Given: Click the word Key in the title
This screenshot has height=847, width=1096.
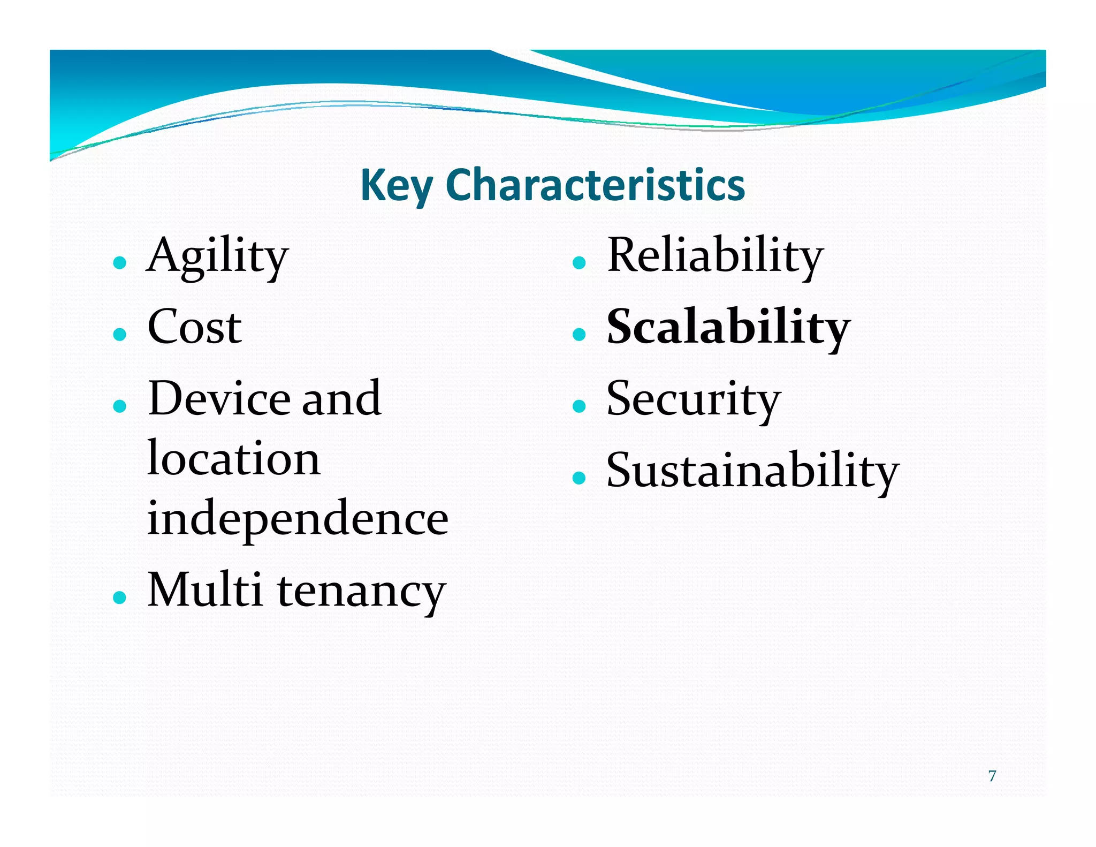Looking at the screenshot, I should click(x=396, y=185).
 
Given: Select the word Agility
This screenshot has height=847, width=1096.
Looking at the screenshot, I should click(x=217, y=257).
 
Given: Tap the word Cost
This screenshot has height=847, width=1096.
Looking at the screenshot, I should click(x=194, y=327).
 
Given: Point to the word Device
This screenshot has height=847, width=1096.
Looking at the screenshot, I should click(x=219, y=399).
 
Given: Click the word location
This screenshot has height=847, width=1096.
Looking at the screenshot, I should click(x=234, y=459).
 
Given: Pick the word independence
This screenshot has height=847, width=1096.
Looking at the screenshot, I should click(x=298, y=518).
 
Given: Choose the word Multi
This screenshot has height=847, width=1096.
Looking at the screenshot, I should click(x=204, y=590).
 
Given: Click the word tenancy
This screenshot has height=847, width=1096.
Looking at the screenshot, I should click(x=362, y=592).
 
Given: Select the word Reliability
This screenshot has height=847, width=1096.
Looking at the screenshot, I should click(x=714, y=257).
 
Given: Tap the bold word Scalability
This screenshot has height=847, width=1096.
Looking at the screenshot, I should click(x=728, y=328).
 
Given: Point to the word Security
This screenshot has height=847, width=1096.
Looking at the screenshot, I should click(x=693, y=400).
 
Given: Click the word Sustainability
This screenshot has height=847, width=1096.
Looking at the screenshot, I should click(x=752, y=471).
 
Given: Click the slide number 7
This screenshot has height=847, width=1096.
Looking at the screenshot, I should click(x=992, y=776).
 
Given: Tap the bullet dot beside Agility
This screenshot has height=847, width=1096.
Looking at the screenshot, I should click(x=120, y=263).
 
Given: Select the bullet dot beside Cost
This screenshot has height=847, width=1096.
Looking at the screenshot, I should click(x=120, y=335).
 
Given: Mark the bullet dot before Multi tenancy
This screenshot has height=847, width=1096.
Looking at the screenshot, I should click(x=120, y=597).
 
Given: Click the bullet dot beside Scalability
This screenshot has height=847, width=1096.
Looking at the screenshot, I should click(x=579, y=335).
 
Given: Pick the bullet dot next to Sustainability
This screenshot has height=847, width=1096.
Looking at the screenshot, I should click(x=579, y=478).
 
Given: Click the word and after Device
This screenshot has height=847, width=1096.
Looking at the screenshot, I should click(x=341, y=399).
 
